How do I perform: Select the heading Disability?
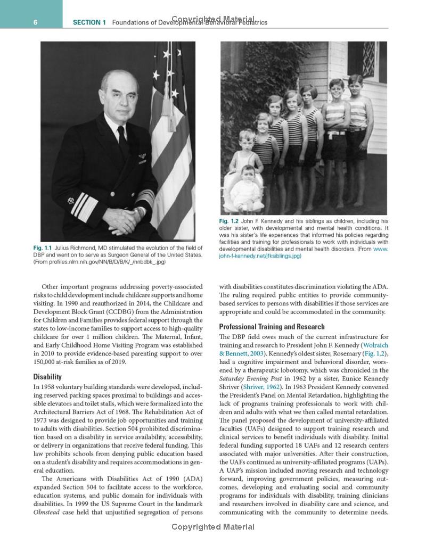point(47,377)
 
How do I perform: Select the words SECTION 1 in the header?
point(89,22)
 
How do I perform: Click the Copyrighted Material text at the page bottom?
point(213,527)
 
